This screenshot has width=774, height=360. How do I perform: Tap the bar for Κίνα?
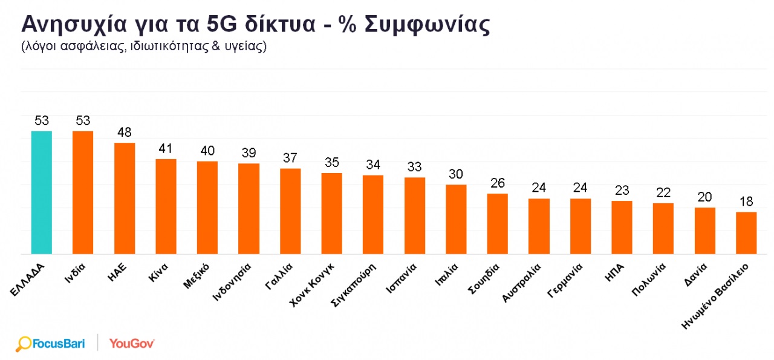(166, 206)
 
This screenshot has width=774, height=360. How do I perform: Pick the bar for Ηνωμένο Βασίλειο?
(746, 233)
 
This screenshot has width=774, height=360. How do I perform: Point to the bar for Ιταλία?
(456, 219)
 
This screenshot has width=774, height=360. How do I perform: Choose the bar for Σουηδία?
(498, 224)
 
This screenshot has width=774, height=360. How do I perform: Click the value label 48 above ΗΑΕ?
(125, 133)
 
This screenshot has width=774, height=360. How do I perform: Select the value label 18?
(746, 201)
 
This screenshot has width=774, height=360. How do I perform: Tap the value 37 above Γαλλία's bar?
(290, 158)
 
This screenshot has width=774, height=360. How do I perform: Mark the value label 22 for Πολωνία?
(663, 193)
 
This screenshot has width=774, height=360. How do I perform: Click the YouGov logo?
(132, 344)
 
